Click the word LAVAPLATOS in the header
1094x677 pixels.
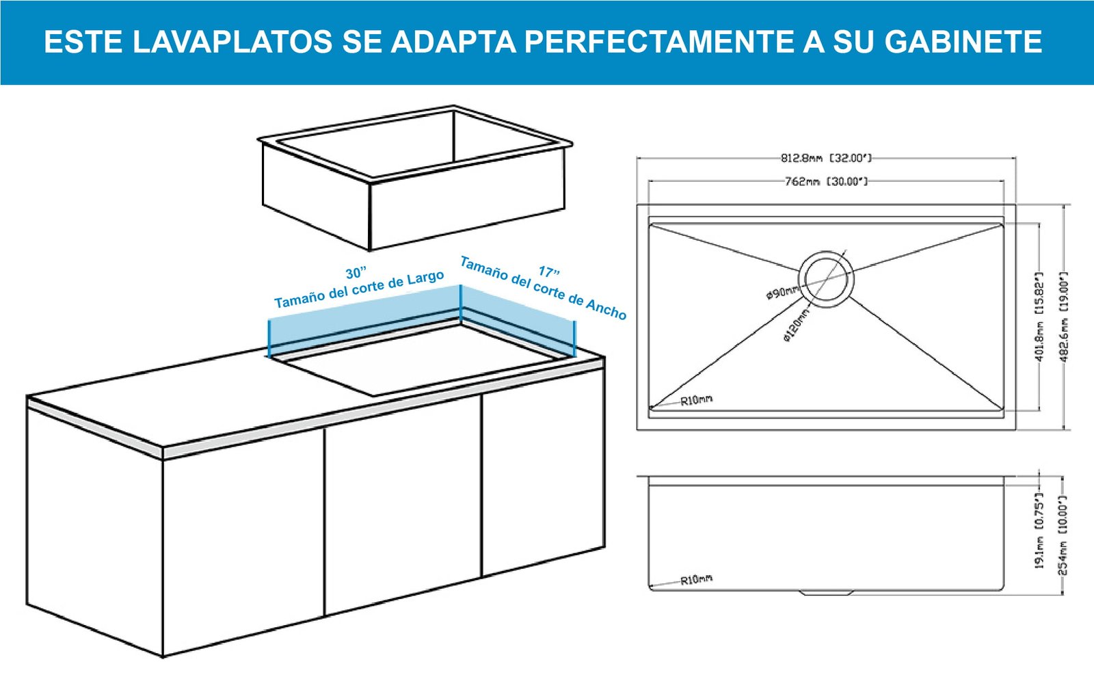click(x=232, y=42)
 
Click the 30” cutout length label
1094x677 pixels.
click(x=356, y=273)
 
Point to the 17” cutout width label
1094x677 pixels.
click(x=549, y=271)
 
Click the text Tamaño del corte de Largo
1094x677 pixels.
click(x=359, y=290)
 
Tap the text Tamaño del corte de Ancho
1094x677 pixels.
click(x=543, y=288)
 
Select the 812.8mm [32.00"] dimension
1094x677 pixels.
click(x=826, y=158)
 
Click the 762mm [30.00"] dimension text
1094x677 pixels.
click(x=826, y=182)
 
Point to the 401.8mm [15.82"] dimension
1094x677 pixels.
click(x=1039, y=317)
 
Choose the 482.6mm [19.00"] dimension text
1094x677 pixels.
click(x=1065, y=317)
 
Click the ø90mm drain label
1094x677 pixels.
click(x=782, y=293)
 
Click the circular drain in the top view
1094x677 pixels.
click(x=827, y=280)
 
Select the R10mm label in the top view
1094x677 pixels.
click(x=697, y=401)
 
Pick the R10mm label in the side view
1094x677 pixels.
click(x=697, y=580)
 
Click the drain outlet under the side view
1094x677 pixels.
click(x=826, y=593)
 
